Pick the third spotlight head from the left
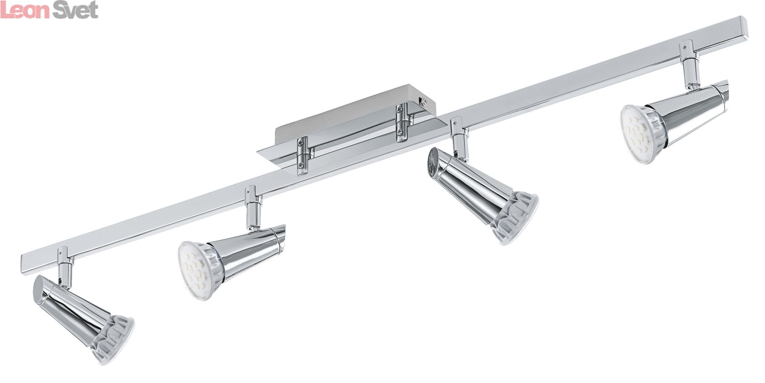coord(482,195)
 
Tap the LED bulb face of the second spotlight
coord(195,272)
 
